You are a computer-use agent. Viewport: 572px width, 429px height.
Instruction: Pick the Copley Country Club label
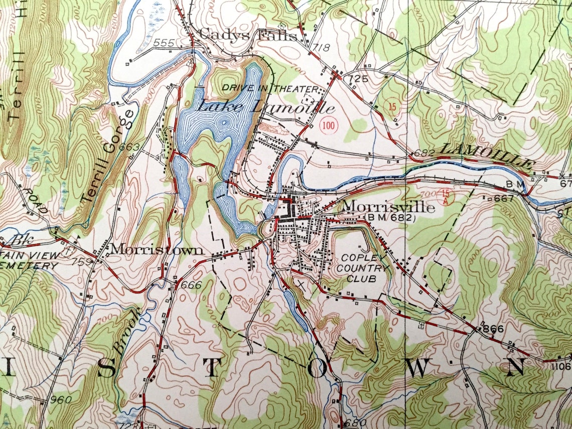[362, 268]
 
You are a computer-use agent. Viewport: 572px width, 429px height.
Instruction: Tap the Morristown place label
[157, 249]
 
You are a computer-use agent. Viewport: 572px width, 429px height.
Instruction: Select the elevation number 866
[492, 329]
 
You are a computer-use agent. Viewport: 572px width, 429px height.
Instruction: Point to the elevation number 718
[322, 48]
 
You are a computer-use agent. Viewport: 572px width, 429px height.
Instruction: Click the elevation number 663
[129, 147]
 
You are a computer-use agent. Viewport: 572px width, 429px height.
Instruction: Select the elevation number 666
[192, 285]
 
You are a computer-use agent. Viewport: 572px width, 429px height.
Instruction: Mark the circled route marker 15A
[445, 196]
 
